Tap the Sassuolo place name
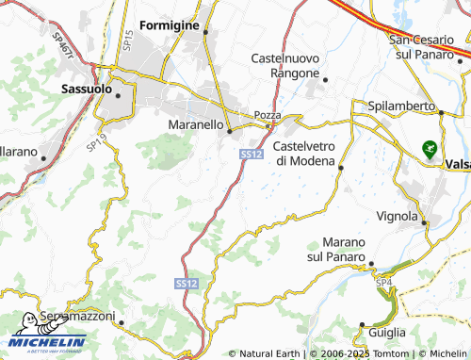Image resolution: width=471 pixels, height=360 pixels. (x=86, y=89)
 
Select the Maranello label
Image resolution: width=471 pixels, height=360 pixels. (x=195, y=123)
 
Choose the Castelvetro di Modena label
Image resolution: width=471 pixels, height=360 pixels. (x=304, y=154)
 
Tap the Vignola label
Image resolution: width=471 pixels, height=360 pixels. (x=397, y=216)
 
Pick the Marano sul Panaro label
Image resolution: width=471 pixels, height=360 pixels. (x=336, y=248)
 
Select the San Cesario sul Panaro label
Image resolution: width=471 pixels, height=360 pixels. (x=429, y=45)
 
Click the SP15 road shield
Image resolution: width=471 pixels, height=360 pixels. (x=129, y=40)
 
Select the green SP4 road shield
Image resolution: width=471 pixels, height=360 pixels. (x=383, y=283)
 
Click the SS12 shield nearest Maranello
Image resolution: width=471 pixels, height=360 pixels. (x=250, y=154)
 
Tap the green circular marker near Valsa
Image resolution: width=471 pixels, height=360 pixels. (x=430, y=148)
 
